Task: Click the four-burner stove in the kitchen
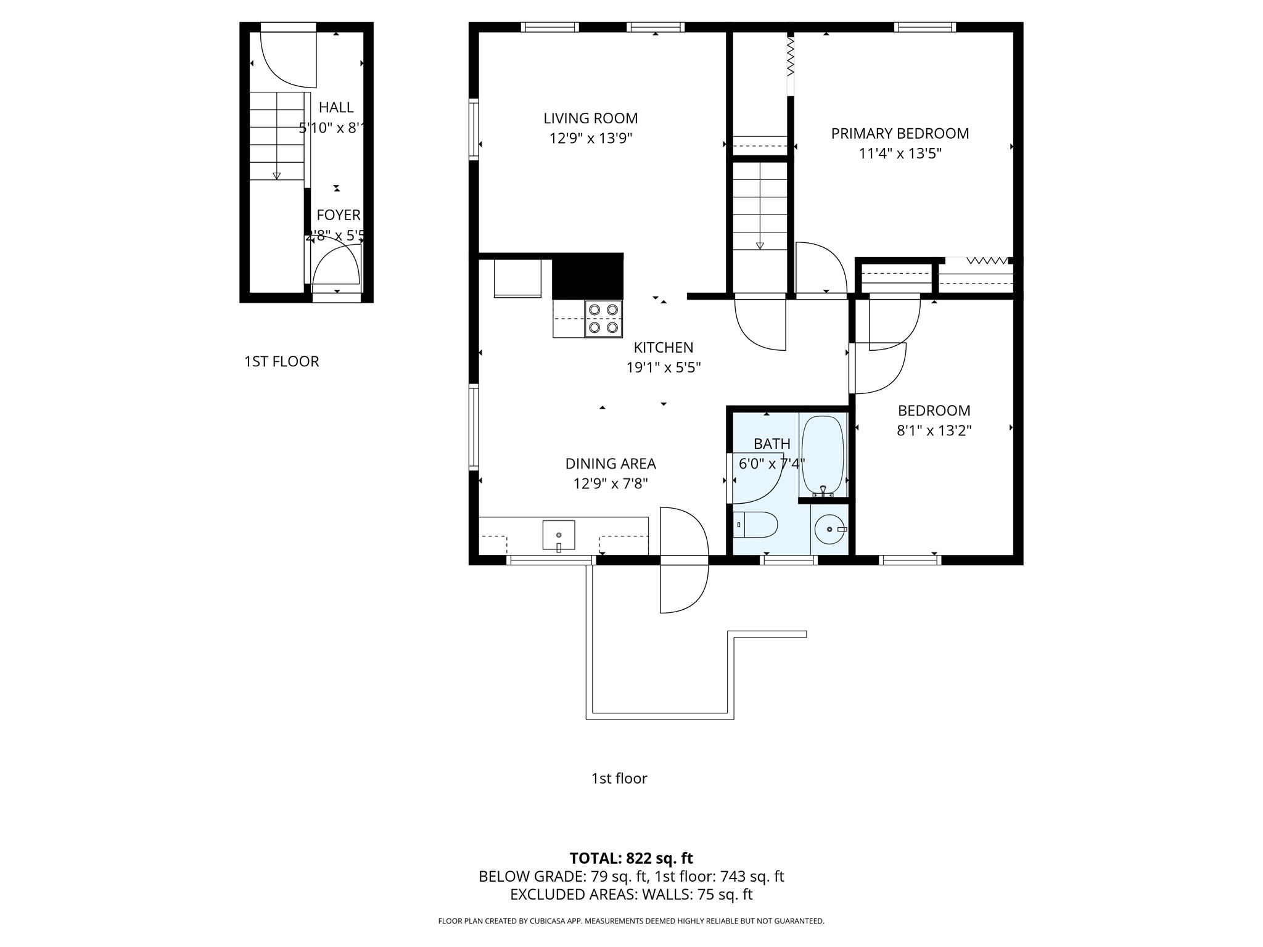603,319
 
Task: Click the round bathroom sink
829,530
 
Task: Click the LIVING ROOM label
590,118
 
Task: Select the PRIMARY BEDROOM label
900,133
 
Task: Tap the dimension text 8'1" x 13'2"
934,430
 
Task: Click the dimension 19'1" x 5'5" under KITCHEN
664,367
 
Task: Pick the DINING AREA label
611,464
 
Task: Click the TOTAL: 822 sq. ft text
631,858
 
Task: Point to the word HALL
336,108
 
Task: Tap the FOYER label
338,215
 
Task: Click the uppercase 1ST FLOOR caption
281,361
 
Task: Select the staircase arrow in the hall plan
276,175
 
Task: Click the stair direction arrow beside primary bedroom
760,245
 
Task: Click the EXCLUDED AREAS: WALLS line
631,895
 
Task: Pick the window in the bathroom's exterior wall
789,560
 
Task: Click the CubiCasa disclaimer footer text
631,921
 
